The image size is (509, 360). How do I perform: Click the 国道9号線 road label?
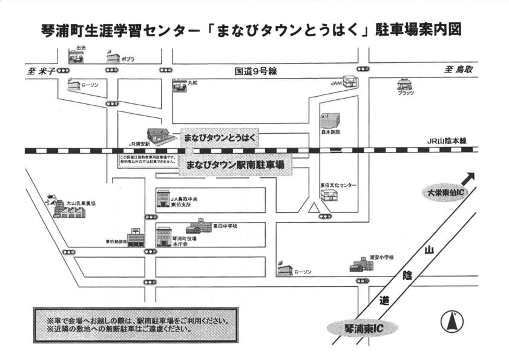(256, 71)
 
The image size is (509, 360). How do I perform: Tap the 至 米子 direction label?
(41, 71)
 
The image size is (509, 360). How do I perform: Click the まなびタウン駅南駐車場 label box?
(236, 165)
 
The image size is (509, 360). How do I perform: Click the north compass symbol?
(451, 321)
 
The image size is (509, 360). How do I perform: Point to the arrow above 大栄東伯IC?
(467, 178)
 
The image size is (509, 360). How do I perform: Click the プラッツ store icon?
(404, 84)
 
